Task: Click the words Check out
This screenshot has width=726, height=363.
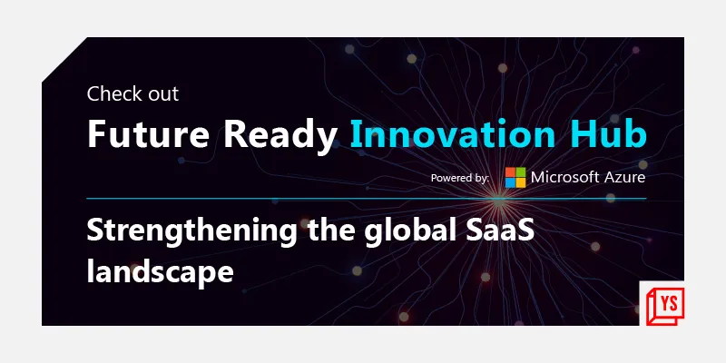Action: point(132,93)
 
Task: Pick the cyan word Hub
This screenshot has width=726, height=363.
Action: point(607,134)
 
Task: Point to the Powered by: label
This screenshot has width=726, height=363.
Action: point(460,178)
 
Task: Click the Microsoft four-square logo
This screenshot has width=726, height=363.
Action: point(515,177)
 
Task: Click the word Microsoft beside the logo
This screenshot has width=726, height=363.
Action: point(565,177)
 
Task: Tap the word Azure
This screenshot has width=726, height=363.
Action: point(626,177)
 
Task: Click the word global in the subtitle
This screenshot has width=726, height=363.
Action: point(406,231)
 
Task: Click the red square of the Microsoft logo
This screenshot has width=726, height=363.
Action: point(511,172)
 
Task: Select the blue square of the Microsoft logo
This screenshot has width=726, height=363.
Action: point(511,182)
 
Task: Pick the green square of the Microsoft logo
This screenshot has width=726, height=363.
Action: point(521,172)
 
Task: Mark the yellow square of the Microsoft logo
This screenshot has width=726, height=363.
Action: point(521,182)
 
